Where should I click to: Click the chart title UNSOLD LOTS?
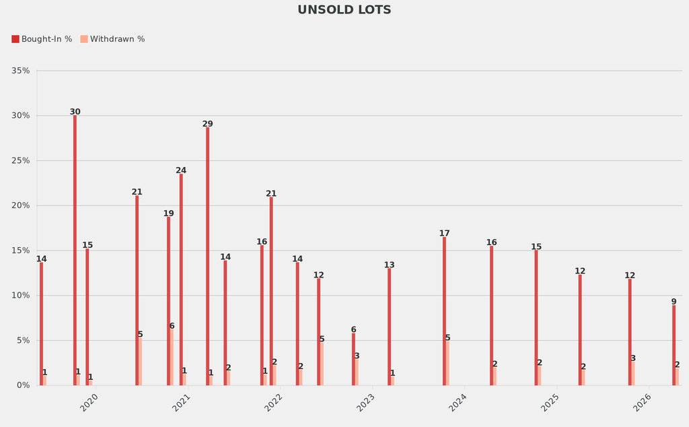point(344,10)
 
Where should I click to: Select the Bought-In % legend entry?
point(42,39)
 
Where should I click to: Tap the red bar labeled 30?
point(75,250)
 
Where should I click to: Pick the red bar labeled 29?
point(207,256)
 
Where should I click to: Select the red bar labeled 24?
point(181,280)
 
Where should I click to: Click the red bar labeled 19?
point(168,301)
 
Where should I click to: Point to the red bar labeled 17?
point(444,311)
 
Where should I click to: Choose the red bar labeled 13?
point(389,327)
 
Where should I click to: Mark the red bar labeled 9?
point(674,345)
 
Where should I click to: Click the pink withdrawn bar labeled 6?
point(172,357)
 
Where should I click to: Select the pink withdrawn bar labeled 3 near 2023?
point(357,372)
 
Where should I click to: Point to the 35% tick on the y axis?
point(21,71)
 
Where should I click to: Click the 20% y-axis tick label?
point(21,205)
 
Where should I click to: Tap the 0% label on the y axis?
point(24,385)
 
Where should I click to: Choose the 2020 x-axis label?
point(89,403)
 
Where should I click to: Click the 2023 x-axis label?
point(365,403)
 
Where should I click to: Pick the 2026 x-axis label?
point(641,403)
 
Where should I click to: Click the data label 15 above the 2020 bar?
point(87,246)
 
